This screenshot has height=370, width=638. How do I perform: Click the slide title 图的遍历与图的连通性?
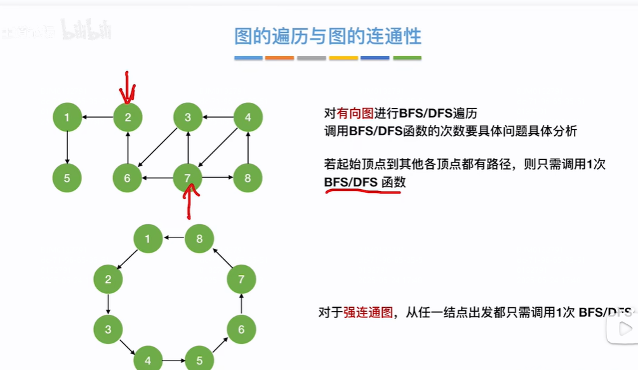click(x=328, y=36)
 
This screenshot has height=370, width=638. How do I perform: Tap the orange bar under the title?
click(x=279, y=58)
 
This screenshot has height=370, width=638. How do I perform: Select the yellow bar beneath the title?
click(x=343, y=58)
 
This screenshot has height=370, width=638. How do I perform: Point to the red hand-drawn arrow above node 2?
click(x=128, y=88)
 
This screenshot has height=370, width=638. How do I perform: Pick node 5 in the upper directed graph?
click(x=67, y=178)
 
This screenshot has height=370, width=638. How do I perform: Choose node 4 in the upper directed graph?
click(x=248, y=117)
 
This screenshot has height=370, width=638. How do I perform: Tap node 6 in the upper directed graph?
click(x=127, y=178)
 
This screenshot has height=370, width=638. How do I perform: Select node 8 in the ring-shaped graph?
click(x=199, y=239)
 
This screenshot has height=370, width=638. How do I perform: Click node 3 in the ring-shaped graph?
click(x=109, y=329)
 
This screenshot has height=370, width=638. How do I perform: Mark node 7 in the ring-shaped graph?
click(x=241, y=279)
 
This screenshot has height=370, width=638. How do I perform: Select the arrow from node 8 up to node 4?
click(x=248, y=148)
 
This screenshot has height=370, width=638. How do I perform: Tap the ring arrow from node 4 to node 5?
click(x=173, y=360)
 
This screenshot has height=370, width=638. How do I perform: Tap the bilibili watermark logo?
click(x=85, y=29)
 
